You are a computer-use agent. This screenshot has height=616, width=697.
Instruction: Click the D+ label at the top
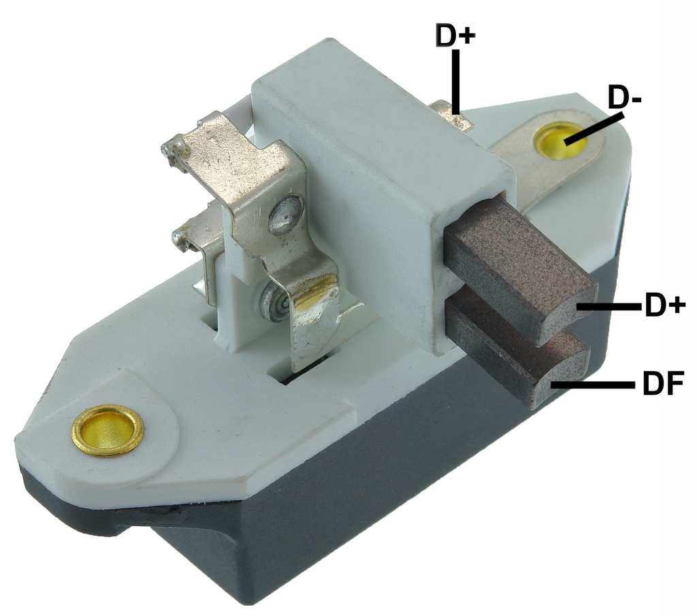[455, 35]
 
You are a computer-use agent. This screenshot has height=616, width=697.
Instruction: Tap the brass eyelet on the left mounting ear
[108, 429]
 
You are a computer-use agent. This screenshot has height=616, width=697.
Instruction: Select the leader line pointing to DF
[592, 385]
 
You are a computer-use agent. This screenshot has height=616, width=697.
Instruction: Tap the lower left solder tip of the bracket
[182, 238]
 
